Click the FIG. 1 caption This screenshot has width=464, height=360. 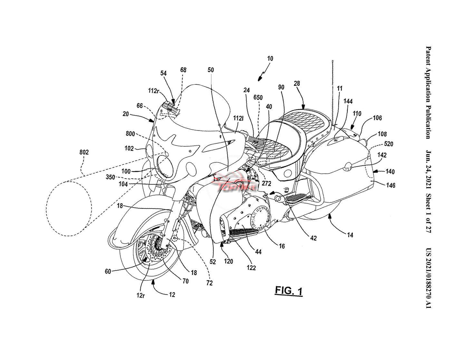(x=289, y=291)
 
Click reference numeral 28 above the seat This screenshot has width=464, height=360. (x=296, y=83)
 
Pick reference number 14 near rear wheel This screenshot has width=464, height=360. (x=350, y=235)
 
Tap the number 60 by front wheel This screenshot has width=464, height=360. (x=108, y=271)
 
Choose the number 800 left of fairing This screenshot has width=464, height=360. (x=130, y=133)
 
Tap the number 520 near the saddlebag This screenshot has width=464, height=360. (x=389, y=144)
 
